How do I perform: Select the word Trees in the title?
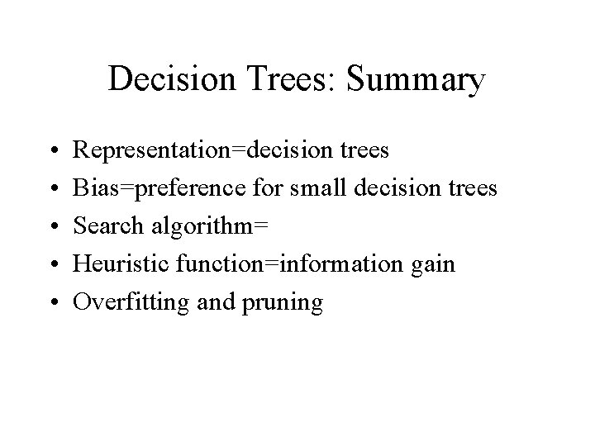pos(283,80)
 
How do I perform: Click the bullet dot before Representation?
pos(53,151)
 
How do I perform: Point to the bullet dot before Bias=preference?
pos(53,189)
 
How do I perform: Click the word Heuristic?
pos(112,264)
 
